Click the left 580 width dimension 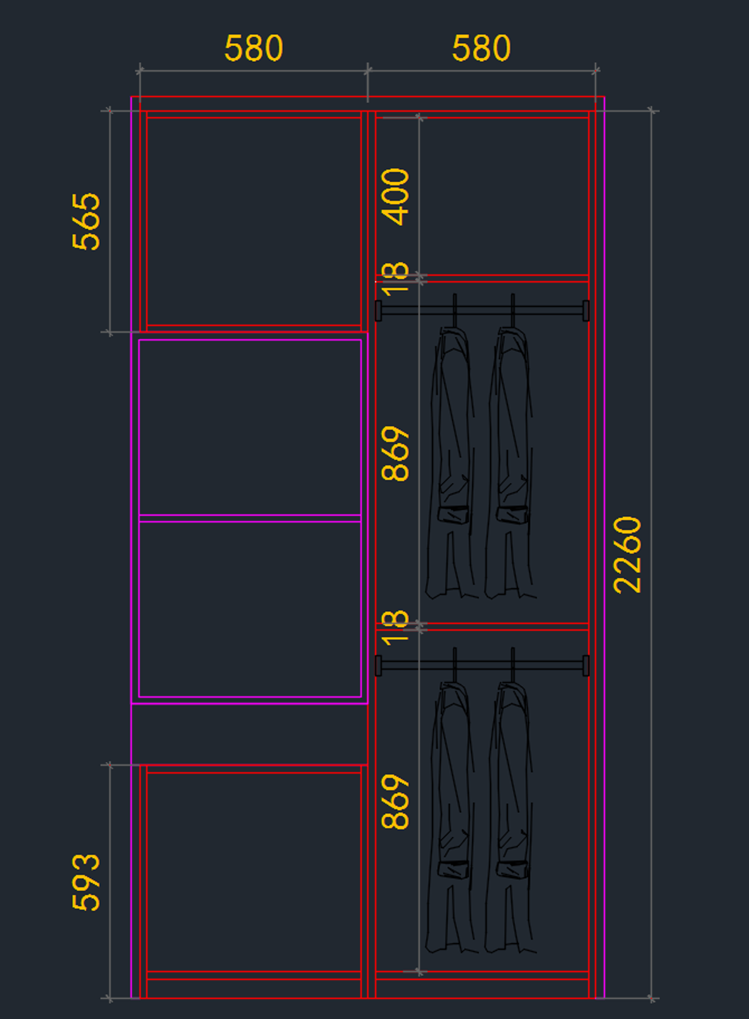[253, 49]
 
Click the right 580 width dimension [481, 49]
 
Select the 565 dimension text [86, 222]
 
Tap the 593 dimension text [86, 882]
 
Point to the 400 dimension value [395, 197]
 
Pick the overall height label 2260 [627, 555]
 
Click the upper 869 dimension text [395, 454]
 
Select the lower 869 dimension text [395, 802]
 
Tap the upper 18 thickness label [395, 278]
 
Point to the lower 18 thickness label [395, 627]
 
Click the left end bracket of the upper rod [378, 310]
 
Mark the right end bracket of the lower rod [586, 665]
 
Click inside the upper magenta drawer [250, 427]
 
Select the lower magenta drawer [250, 609]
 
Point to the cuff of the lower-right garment [512, 869]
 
